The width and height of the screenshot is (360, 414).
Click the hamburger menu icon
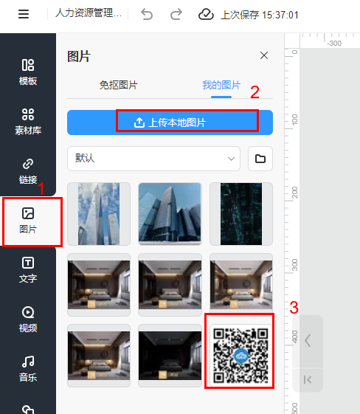24,14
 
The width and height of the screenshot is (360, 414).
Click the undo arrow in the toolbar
147,14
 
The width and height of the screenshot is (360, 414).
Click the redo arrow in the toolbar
176,14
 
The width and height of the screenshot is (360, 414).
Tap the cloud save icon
206,14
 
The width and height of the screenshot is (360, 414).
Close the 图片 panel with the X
264,55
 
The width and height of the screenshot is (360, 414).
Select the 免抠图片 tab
119,85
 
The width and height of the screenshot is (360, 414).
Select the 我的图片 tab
221,85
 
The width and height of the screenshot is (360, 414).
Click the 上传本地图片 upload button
170,123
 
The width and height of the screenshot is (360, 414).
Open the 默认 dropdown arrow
231,159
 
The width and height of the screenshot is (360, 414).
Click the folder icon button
260,159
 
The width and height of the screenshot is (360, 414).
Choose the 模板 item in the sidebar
28,72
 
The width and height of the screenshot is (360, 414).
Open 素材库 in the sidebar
28,122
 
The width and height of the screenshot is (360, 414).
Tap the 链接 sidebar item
28,171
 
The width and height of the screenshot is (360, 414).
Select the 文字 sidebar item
28,270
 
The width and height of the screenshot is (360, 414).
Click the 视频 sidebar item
28,320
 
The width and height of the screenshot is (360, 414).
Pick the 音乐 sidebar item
28,369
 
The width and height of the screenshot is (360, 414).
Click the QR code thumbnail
240,356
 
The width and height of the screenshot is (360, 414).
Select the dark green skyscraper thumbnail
241,214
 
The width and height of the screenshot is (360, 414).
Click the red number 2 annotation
255,92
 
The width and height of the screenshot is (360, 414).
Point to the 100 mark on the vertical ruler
294,120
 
